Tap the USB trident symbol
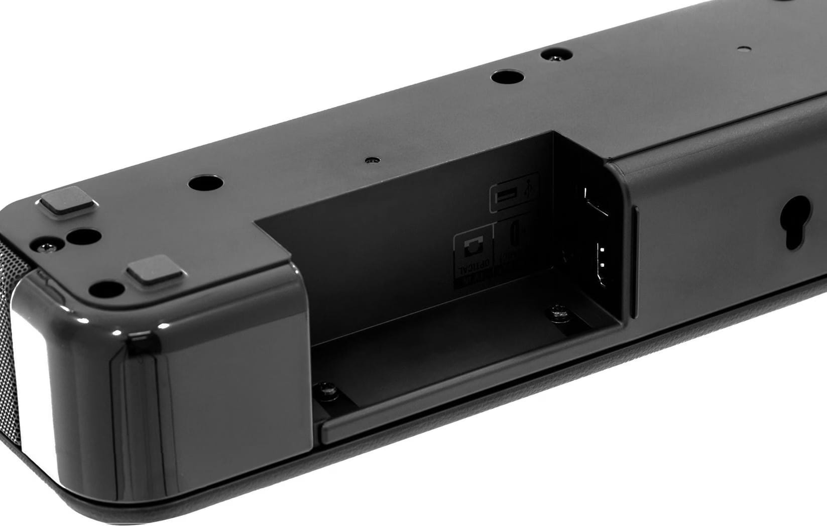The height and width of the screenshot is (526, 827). point(527,190)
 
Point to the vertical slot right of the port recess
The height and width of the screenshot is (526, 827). point(633,261)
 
